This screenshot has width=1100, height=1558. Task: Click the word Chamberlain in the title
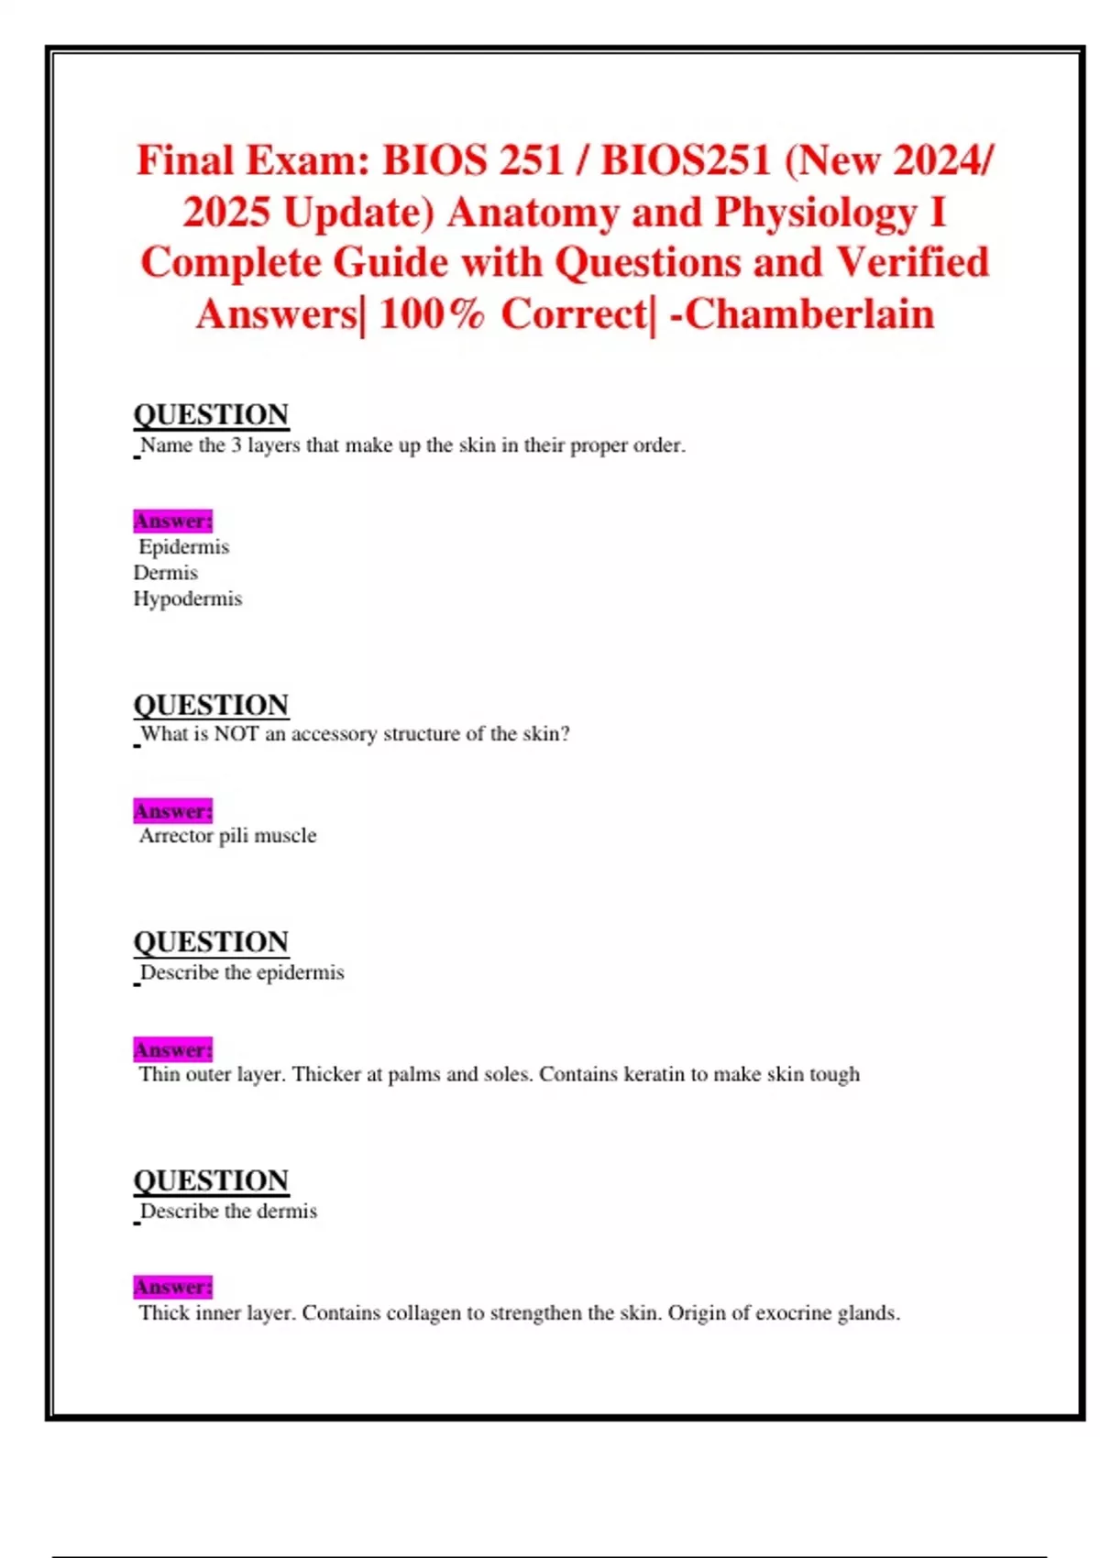(x=809, y=314)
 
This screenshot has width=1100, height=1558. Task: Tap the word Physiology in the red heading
(x=815, y=213)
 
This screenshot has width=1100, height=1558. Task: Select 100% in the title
(x=431, y=314)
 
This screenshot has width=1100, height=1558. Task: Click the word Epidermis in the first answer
(x=184, y=547)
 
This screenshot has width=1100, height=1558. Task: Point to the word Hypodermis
(x=188, y=599)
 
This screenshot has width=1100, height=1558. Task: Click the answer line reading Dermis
(x=166, y=573)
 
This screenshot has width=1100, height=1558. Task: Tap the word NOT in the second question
(x=236, y=734)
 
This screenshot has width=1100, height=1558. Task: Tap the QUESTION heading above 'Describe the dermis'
(x=212, y=1180)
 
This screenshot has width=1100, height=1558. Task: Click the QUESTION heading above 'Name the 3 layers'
(x=212, y=414)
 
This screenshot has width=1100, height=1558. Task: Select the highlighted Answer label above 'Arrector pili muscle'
(x=173, y=811)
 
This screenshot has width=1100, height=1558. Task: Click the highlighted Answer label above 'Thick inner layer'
(x=173, y=1287)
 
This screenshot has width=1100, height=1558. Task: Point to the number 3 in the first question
(x=236, y=445)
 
